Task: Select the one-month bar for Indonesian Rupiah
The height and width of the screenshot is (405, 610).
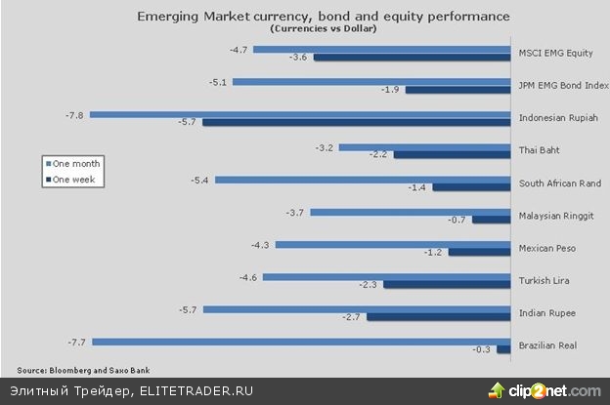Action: (x=301, y=114)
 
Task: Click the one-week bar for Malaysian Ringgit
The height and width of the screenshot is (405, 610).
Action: (x=492, y=220)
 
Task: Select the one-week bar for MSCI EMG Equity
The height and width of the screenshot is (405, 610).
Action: (x=412, y=58)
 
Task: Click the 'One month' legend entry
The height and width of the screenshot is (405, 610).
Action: (x=76, y=164)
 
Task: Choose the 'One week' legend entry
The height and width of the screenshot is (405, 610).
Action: (x=75, y=179)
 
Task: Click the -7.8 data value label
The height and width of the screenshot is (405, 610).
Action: (x=72, y=114)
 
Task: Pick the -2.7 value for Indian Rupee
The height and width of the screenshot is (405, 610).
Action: (x=352, y=317)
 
